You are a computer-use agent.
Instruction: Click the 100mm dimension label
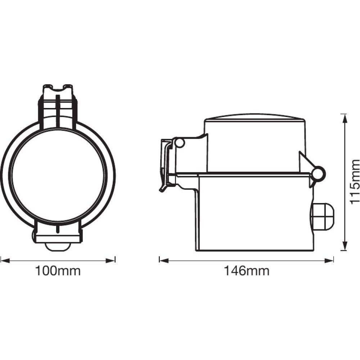[58, 271]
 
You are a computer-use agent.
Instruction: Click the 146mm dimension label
[247, 271]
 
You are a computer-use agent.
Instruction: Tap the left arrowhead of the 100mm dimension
[5, 261]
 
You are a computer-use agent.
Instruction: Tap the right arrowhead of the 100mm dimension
[110, 261]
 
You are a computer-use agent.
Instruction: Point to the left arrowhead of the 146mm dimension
[164, 261]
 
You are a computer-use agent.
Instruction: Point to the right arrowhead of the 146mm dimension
[329, 261]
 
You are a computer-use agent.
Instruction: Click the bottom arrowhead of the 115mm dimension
[344, 246]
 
